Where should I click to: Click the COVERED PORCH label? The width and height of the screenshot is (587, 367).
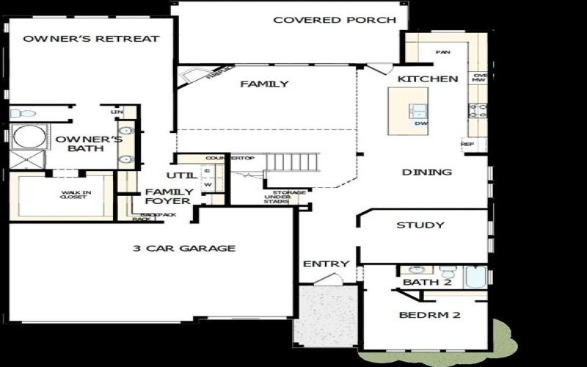[x=335, y=20]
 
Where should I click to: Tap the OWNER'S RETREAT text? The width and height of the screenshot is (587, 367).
[x=91, y=38]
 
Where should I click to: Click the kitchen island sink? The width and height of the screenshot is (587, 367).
[x=418, y=112]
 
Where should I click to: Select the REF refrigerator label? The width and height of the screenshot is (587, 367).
[x=467, y=145]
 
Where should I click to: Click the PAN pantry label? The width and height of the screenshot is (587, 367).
[x=442, y=53]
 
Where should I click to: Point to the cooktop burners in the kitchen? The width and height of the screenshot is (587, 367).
[x=478, y=112]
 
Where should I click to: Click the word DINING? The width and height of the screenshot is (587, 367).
[x=426, y=172]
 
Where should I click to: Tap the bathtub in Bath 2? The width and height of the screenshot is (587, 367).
[x=475, y=277]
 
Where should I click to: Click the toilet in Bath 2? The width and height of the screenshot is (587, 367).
[x=415, y=270]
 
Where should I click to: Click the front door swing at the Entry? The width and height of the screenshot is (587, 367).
[x=332, y=279]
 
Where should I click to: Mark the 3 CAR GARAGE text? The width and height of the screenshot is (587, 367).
[x=183, y=248]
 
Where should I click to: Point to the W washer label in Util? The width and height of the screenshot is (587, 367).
[x=208, y=184]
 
